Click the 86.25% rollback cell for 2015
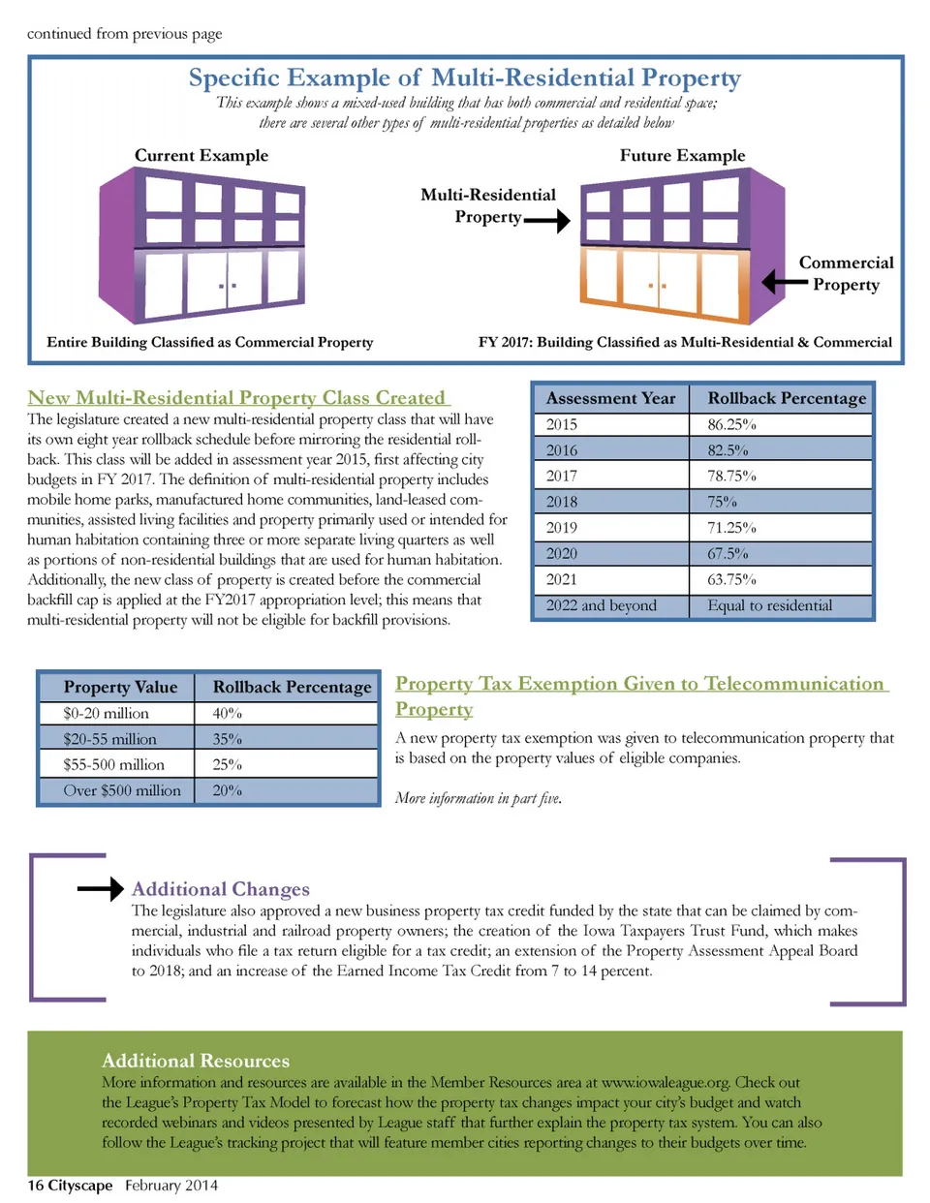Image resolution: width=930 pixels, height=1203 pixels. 731,424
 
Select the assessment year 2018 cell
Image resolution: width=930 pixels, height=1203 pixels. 562,502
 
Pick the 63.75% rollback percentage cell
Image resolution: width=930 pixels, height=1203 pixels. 731,579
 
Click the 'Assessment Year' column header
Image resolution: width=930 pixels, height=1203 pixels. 610,398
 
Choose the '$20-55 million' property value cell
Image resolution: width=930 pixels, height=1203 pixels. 109,739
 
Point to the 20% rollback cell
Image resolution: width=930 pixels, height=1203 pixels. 228,790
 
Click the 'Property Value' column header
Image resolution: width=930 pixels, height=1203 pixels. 120,687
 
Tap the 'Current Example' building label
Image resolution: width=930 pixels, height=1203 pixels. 201,156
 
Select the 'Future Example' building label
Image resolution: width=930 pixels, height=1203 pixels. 682,156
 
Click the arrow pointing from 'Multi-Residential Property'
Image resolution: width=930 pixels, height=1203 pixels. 547,222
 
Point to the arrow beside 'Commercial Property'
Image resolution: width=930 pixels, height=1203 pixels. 784,282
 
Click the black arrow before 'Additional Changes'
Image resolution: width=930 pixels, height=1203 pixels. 101,888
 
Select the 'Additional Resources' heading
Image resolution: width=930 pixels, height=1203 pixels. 196,1061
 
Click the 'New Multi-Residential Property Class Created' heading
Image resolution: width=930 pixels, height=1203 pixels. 237,398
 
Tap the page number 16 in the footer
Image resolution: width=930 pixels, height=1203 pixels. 35,1186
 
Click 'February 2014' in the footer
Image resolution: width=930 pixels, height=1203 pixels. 171,1186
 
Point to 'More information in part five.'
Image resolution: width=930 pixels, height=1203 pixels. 478,798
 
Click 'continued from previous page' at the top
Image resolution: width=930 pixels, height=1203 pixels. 124,34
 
